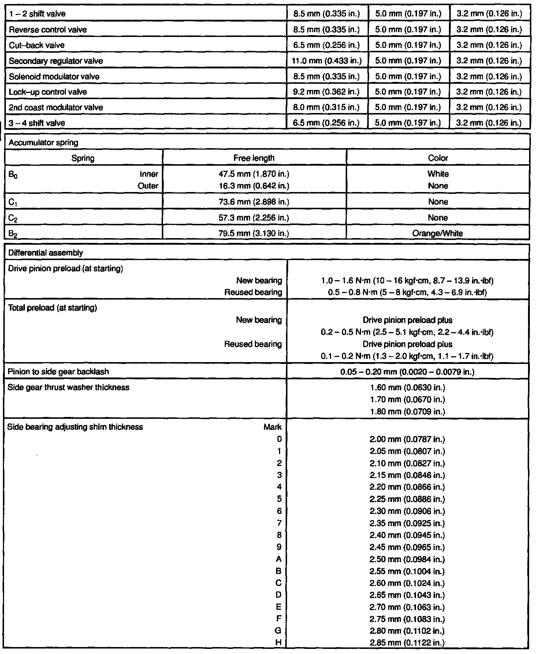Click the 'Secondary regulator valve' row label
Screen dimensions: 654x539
56,61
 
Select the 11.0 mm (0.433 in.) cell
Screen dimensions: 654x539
327,61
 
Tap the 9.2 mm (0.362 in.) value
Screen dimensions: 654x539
327,91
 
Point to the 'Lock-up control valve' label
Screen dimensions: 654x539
48,91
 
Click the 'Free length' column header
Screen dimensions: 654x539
254,158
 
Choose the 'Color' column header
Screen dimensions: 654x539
438,158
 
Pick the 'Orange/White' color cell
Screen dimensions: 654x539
438,233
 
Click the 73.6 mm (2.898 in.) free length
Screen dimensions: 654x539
254,202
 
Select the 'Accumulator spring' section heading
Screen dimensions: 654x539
43,142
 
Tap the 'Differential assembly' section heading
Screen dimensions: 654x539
45,253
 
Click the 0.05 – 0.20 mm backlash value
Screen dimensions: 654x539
407,372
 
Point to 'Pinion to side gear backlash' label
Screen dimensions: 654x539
58,372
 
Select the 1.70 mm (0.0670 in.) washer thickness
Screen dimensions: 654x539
407,399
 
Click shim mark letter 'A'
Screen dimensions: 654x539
279,559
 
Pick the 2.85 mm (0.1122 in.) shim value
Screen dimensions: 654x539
407,643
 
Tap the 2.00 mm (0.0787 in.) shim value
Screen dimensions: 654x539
407,439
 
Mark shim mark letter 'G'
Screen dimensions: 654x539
279,631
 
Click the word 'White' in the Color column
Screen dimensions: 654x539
438,174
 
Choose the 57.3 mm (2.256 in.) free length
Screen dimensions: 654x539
254,218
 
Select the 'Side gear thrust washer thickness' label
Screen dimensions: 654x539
68,387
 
